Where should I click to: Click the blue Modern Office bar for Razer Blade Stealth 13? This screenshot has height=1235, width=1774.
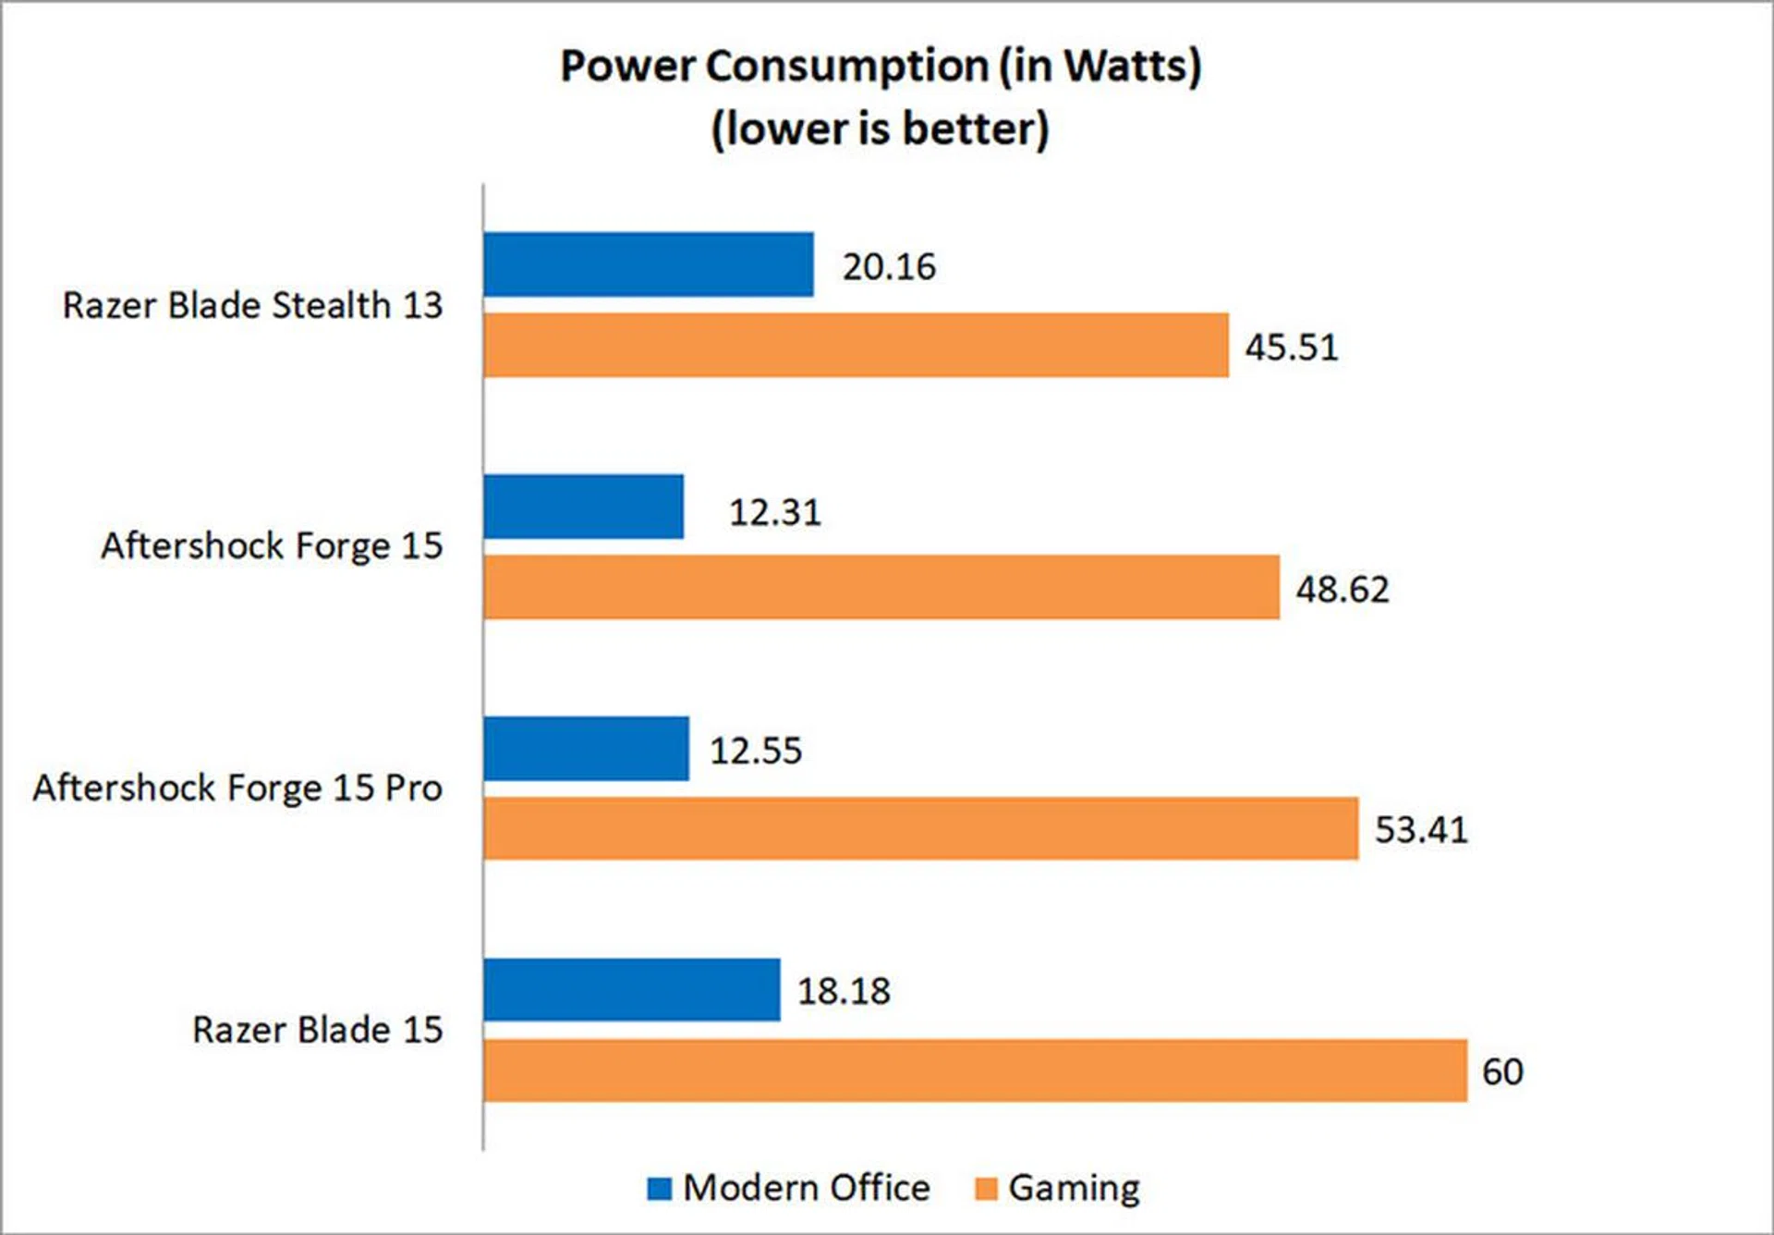pos(648,264)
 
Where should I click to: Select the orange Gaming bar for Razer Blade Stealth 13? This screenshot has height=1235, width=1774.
pos(856,345)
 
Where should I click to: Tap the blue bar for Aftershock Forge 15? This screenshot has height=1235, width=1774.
pos(583,507)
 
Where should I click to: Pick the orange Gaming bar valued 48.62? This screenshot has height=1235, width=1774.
pos(881,587)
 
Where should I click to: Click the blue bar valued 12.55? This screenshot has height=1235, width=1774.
pos(586,749)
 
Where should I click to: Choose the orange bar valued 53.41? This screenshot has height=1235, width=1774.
pos(920,828)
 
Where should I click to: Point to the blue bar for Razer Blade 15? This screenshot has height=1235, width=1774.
pos(631,990)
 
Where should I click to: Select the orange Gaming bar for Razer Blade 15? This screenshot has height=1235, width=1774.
pos(975,1070)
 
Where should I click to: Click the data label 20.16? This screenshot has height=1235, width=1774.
pos(889,267)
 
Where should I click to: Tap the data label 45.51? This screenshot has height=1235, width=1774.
pos(1292,348)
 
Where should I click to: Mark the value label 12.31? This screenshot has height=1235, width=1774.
pos(775,512)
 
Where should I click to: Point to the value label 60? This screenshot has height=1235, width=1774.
pos(1502,1072)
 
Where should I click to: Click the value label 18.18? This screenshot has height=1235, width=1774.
pos(844,992)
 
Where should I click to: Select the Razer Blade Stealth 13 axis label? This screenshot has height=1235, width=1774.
pos(252,305)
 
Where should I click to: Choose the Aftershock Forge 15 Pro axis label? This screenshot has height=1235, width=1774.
pos(237,788)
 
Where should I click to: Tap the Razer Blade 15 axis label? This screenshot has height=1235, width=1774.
pos(317,1030)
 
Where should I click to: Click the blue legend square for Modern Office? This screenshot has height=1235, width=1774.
pos(660,1189)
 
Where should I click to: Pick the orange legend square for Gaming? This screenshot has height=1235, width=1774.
pos(987,1189)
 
